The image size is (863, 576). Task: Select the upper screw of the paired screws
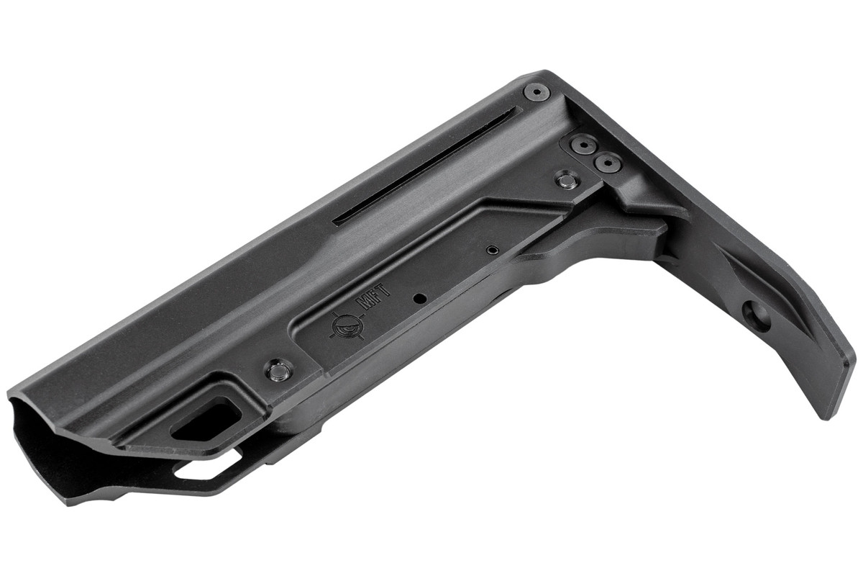click(x=583, y=145)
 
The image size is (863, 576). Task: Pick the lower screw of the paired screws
click(x=608, y=163)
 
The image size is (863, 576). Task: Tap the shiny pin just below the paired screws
click(x=567, y=179)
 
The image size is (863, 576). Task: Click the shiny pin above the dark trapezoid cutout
click(x=278, y=372)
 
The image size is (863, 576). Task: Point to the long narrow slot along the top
click(x=424, y=166)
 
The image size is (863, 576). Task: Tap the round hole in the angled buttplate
click(x=757, y=316)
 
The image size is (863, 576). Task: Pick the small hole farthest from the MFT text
click(x=491, y=250)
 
